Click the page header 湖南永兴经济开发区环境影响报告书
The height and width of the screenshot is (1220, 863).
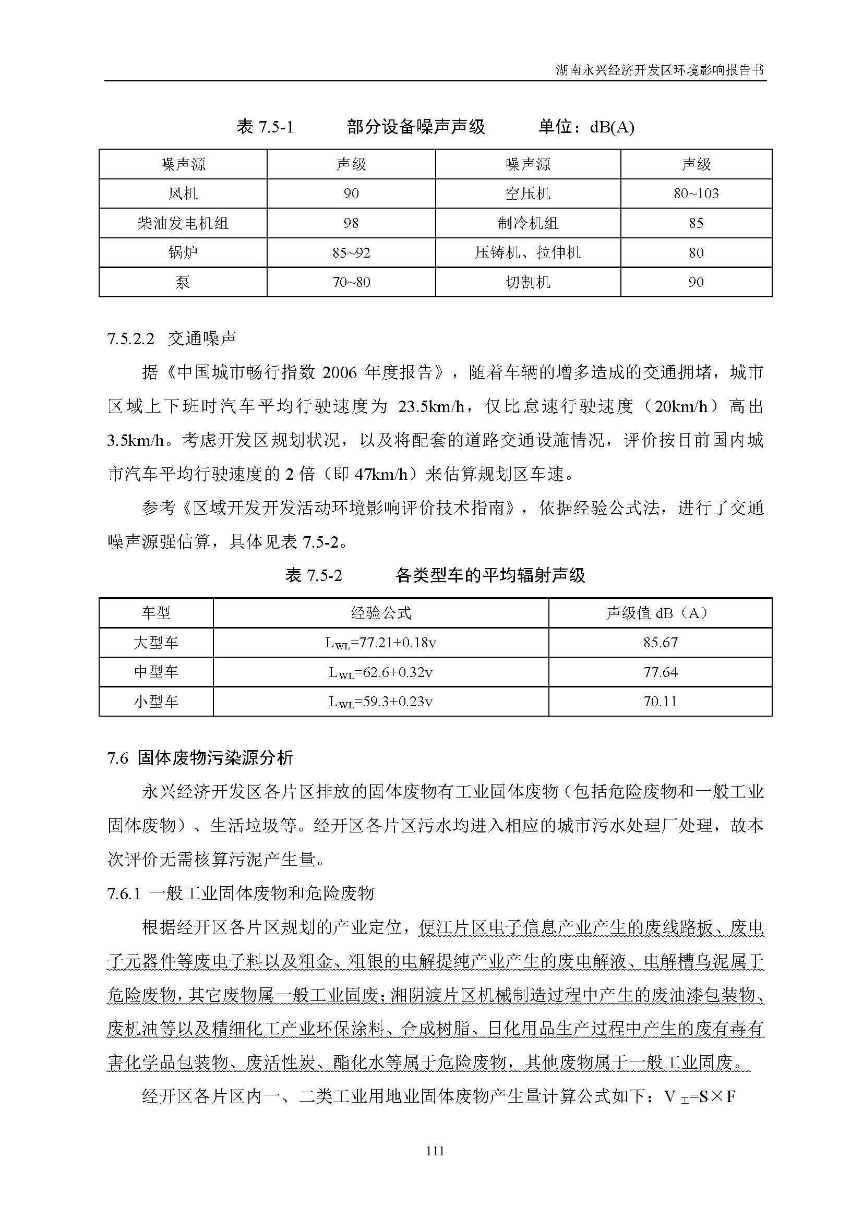coord(660,70)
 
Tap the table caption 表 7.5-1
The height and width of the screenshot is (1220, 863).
coord(265,127)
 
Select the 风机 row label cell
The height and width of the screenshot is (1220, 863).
coord(183,194)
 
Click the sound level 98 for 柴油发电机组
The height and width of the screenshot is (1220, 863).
coord(351,223)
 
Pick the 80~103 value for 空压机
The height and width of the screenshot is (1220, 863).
coord(696,194)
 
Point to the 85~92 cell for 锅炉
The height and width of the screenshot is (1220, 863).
coord(351,253)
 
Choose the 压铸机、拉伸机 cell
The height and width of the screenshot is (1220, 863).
coord(528,253)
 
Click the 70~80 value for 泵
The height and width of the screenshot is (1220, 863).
coord(351,282)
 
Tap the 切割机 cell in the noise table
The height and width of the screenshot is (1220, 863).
coord(528,282)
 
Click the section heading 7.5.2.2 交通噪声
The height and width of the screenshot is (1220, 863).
coord(172,339)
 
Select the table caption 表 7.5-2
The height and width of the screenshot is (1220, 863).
coord(314,575)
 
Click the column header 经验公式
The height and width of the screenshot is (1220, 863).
coord(380,613)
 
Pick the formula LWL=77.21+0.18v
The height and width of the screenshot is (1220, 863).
coord(380,643)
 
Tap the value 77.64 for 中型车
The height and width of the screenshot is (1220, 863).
coord(660,672)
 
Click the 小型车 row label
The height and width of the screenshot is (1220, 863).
coord(155,702)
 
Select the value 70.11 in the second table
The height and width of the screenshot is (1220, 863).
coord(660,702)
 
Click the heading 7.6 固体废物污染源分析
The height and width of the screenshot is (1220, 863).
coord(200,758)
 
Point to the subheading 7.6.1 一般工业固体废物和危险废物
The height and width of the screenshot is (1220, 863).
coord(241,894)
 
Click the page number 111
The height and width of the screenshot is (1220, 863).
coord(435,1152)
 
